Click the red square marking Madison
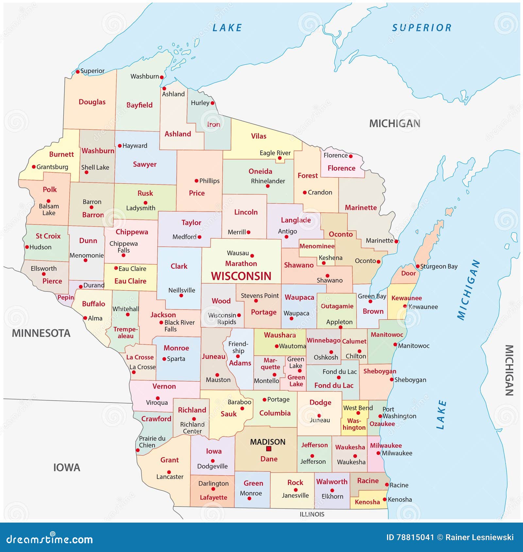[x=269, y=449]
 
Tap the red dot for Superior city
[x=78, y=72]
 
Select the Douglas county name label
[x=92, y=102]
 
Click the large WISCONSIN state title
[x=241, y=276]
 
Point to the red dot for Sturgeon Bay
[x=418, y=266]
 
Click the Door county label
[x=408, y=273]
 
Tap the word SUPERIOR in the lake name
[x=422, y=28]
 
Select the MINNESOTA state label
[x=41, y=333]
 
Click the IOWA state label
[x=67, y=467]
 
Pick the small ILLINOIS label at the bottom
[x=312, y=514]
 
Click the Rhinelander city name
[x=268, y=181]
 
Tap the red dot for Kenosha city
[x=385, y=499]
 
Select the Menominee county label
[x=317, y=246]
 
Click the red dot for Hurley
[x=212, y=103]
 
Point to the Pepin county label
[x=66, y=297]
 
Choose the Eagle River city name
[x=275, y=153]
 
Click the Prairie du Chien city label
[x=152, y=442]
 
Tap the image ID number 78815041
[x=415, y=537]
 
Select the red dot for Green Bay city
[x=370, y=301]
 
